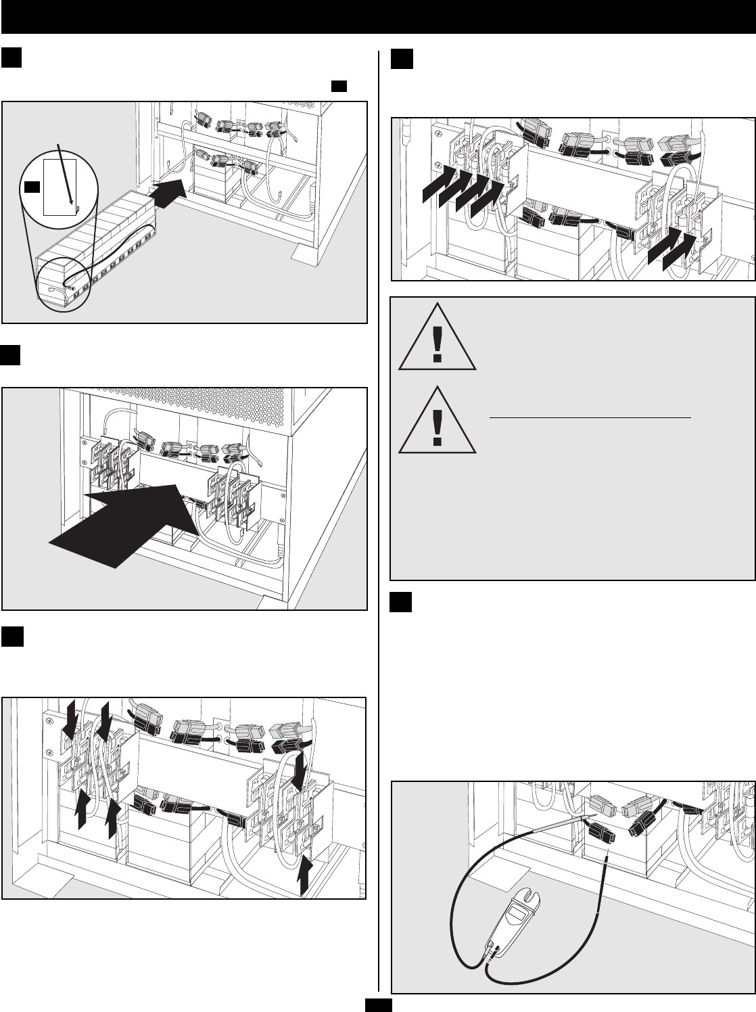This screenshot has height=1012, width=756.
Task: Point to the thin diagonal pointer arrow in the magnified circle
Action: (66, 173)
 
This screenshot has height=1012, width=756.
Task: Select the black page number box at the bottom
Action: (378, 1005)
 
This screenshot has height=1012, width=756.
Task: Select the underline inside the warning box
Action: (590, 418)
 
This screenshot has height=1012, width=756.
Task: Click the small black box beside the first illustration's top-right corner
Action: (339, 86)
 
